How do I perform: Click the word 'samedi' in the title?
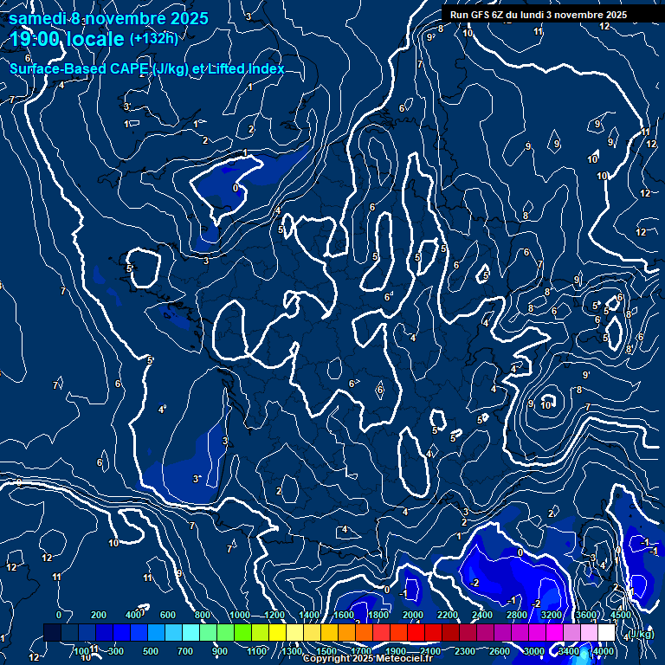tap(37, 18)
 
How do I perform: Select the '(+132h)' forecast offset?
tap(153, 38)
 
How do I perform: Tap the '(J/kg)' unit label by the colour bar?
tap(641, 634)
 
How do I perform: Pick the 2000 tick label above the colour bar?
tap(413, 615)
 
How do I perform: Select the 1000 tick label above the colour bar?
tap(240, 615)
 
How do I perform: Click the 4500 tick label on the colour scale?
tap(621, 615)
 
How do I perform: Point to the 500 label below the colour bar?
tap(150, 651)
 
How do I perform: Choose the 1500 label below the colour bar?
tap(326, 651)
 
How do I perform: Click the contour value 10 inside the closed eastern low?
tap(546, 404)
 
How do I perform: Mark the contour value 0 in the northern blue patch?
tap(236, 187)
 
